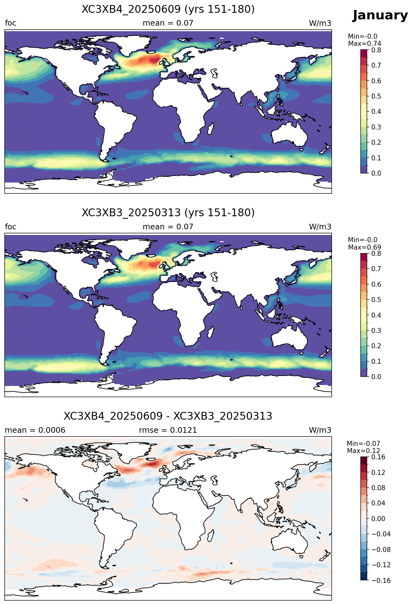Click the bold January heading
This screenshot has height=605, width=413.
(x=380, y=15)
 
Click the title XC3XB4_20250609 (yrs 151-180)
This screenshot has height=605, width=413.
(x=168, y=9)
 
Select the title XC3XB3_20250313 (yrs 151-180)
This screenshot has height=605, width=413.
(x=168, y=213)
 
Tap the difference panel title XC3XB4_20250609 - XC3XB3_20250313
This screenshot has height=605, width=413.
(x=168, y=416)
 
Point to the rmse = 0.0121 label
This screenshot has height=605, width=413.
(x=168, y=430)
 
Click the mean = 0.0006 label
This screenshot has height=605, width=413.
(x=35, y=430)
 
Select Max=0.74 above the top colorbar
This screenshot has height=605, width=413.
(x=364, y=44)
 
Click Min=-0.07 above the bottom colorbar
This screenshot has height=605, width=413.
(x=363, y=444)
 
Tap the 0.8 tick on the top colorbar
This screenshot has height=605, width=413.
(x=376, y=50)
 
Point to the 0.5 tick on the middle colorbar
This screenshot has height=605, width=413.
(x=376, y=300)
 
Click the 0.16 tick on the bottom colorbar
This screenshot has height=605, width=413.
(x=378, y=457)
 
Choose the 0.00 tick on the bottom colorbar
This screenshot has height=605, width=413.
(x=378, y=519)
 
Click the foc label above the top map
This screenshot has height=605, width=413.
(x=11, y=23)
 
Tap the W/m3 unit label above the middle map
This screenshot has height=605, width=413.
(x=320, y=227)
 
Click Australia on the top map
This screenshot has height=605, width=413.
(x=289, y=134)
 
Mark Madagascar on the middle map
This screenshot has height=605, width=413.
(x=211, y=331)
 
